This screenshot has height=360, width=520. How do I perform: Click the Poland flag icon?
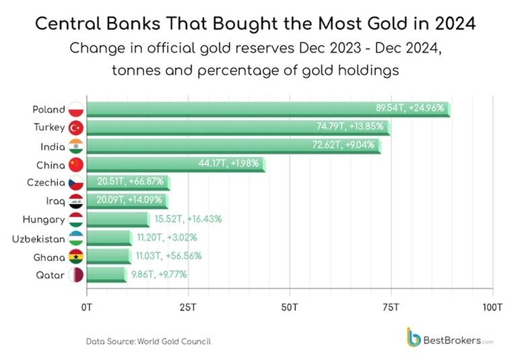(x=76, y=109)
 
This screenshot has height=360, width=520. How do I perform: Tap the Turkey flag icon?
(x=76, y=127)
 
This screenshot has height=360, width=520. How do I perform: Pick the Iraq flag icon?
(x=76, y=201)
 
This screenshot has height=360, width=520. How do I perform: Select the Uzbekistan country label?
(x=38, y=238)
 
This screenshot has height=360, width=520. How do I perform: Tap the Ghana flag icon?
(x=76, y=256)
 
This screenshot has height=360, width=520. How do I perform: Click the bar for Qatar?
(x=106, y=274)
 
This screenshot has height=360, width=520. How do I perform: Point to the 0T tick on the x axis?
(x=86, y=307)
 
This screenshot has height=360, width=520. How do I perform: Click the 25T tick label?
(x=188, y=307)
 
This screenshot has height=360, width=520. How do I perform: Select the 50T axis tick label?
(x=290, y=307)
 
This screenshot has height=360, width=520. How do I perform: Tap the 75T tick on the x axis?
(x=391, y=307)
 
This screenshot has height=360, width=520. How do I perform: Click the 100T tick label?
(x=492, y=307)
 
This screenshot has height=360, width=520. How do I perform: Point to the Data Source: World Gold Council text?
(x=148, y=341)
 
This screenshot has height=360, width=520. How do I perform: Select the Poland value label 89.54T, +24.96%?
(x=410, y=109)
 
